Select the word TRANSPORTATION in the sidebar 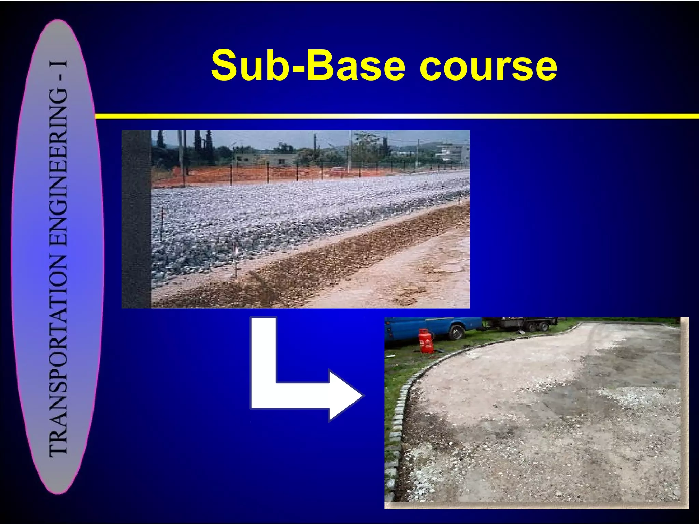[58, 355]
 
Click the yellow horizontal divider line [396, 116]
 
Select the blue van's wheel [457, 332]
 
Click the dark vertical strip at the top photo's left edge [136, 218]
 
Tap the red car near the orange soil [336, 172]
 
